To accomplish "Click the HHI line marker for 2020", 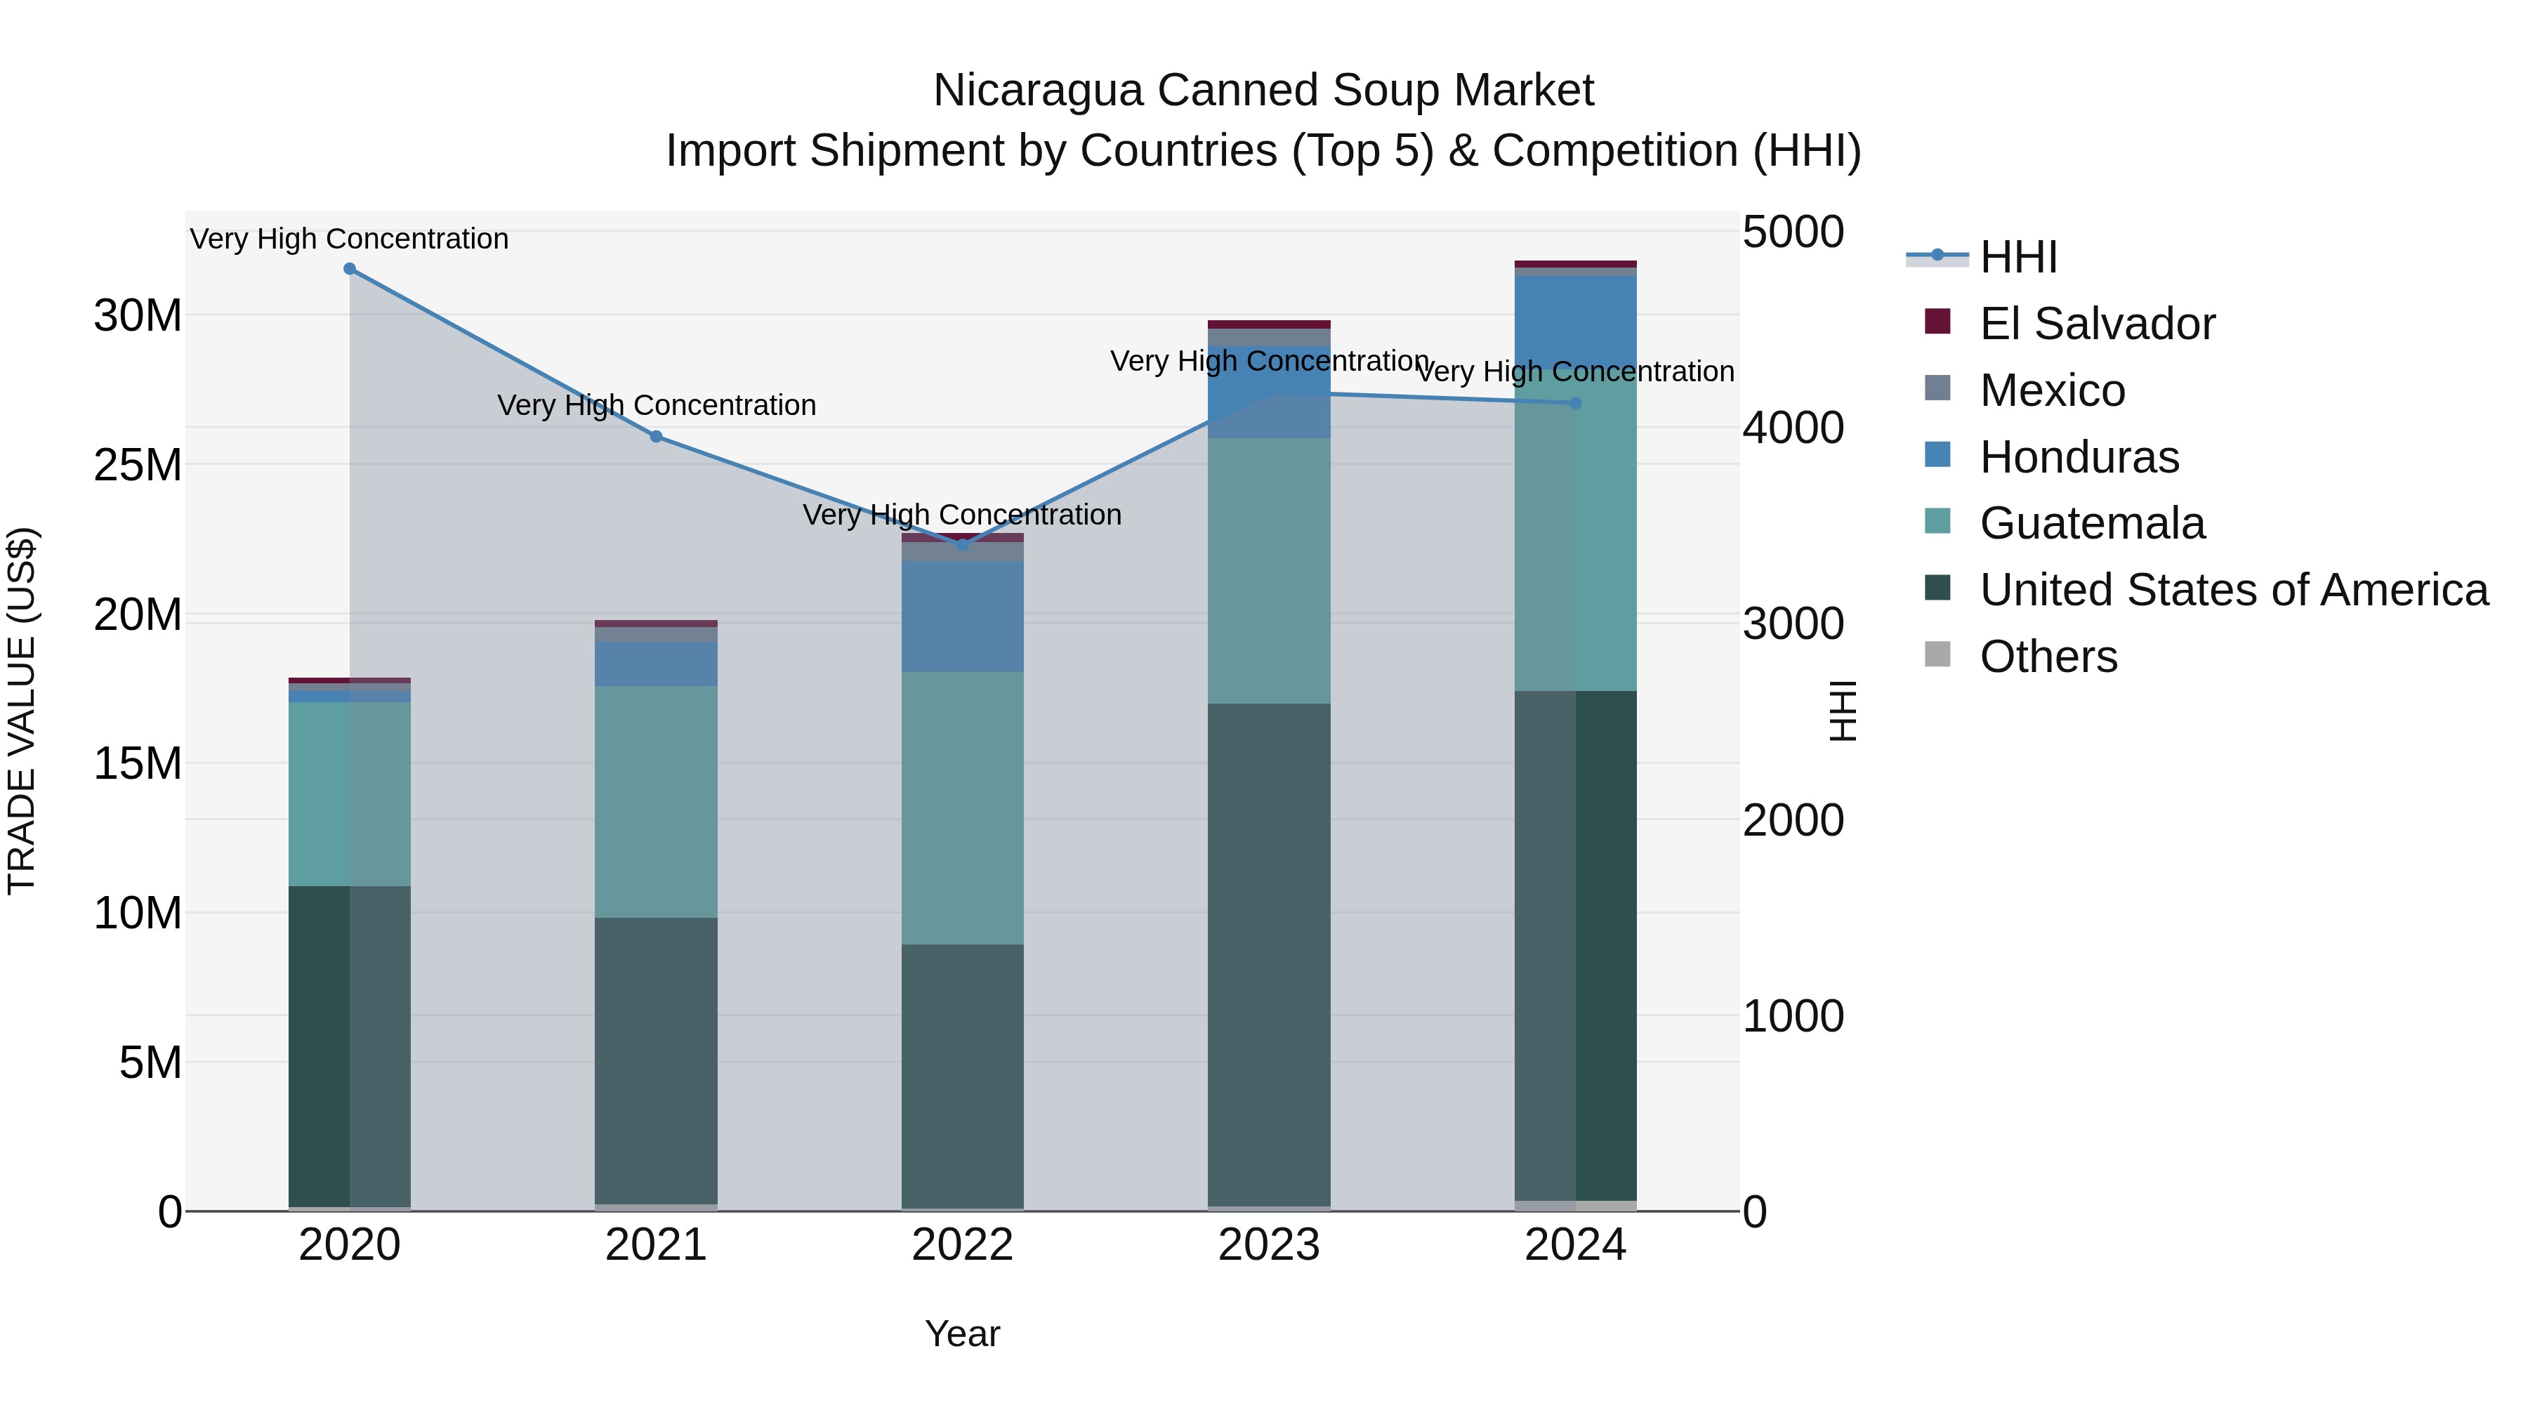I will click(350, 269).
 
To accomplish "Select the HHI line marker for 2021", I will click(657, 437).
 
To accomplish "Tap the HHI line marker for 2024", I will click(1576, 402).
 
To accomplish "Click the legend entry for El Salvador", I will click(2096, 324).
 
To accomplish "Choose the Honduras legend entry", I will click(2079, 457).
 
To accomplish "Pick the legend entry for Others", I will click(2048, 657).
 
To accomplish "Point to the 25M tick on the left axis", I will click(138, 465).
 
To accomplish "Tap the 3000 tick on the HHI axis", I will click(1793, 624).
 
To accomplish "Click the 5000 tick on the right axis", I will click(1793, 232).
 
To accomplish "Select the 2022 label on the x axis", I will click(962, 1245).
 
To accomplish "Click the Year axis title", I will click(962, 1334).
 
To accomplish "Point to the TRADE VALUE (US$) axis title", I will click(22, 711).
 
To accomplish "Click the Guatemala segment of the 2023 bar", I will click(1269, 571).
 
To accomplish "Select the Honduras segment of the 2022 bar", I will click(962, 617).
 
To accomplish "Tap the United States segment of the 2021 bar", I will click(656, 1060).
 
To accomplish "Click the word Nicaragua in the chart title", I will click(1036, 91).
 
